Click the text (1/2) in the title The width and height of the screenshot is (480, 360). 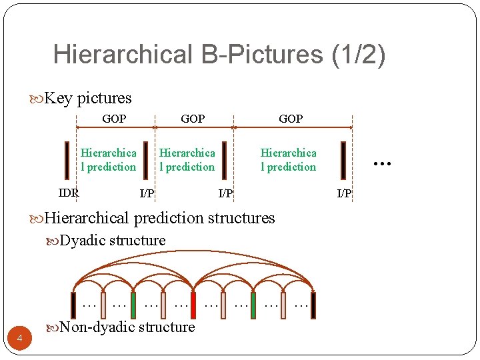point(358,55)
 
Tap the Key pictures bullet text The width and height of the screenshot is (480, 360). point(87,99)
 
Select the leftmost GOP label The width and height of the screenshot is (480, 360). point(114,119)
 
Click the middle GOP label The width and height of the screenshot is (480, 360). point(193,119)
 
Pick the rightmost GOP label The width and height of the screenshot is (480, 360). point(291,119)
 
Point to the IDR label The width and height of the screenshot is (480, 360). point(69,193)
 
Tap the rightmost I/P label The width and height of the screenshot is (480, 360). point(344,193)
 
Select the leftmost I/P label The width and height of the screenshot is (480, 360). point(147,193)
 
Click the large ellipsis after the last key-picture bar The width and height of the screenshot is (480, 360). point(381,161)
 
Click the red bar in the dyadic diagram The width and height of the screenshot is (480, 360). point(193,305)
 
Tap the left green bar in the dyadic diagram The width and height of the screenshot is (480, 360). point(133,305)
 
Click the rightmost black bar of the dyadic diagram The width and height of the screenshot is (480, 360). point(313,305)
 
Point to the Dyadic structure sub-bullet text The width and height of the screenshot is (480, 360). point(112,241)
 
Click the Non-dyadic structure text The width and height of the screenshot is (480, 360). point(127,327)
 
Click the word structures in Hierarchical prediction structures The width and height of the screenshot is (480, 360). point(241,218)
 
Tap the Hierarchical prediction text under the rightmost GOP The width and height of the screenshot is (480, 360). point(288,160)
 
